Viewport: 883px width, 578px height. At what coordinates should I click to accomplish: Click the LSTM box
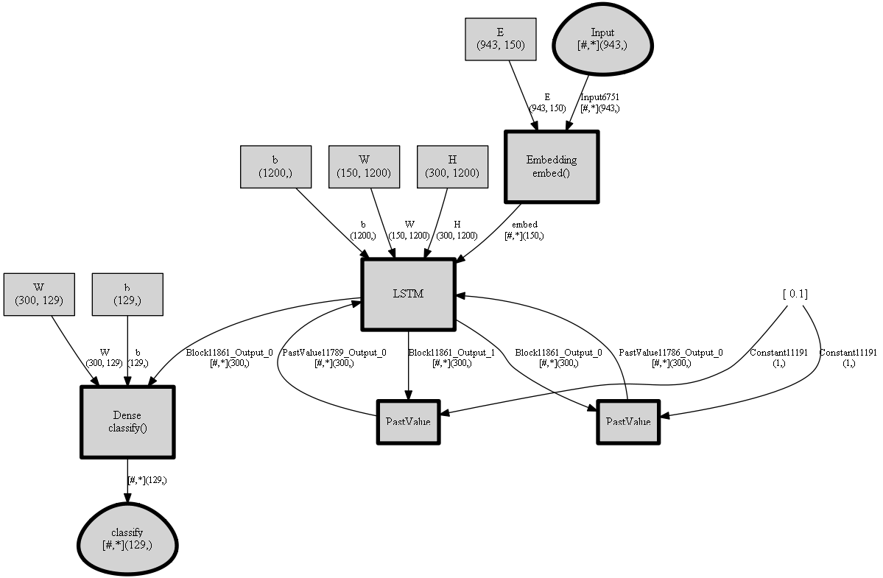click(408, 295)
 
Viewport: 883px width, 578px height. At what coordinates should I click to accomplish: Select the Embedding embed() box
click(551, 166)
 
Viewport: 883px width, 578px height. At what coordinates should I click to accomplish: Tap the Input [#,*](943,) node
click(602, 39)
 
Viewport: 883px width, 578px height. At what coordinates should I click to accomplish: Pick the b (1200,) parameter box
click(275, 167)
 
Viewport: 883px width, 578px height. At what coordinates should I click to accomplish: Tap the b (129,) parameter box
click(127, 295)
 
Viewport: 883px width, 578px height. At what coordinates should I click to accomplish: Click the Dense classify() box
click(127, 422)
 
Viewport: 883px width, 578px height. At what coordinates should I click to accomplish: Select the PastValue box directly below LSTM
click(408, 422)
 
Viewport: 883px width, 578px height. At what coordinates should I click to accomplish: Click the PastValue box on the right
click(627, 422)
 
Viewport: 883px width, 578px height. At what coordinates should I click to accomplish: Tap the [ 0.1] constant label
click(795, 294)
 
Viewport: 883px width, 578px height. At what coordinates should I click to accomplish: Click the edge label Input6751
click(599, 97)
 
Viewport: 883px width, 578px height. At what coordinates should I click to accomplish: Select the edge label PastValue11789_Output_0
click(334, 353)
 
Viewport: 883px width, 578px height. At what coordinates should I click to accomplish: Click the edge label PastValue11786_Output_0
click(670, 353)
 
